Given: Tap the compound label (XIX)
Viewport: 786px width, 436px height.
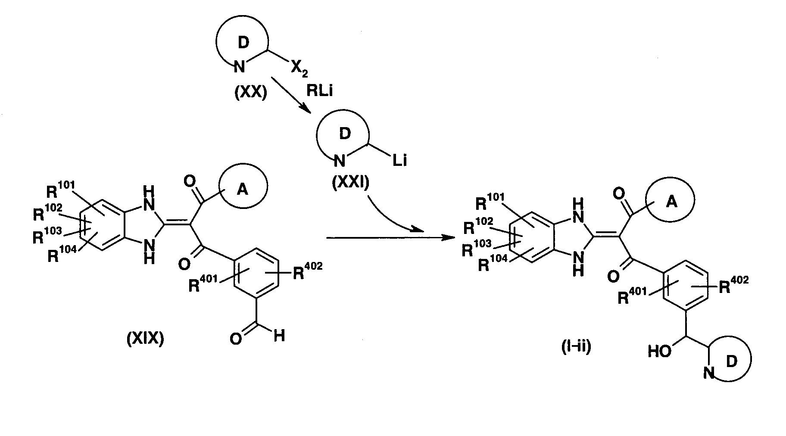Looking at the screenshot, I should click(145, 340).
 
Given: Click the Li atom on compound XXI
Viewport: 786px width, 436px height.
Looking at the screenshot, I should click(399, 161).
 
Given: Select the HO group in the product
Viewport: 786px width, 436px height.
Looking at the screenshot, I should click(660, 352).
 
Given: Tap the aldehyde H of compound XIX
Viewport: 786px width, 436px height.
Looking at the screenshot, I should click(279, 336).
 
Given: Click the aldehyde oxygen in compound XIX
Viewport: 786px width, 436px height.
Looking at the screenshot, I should click(235, 339).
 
